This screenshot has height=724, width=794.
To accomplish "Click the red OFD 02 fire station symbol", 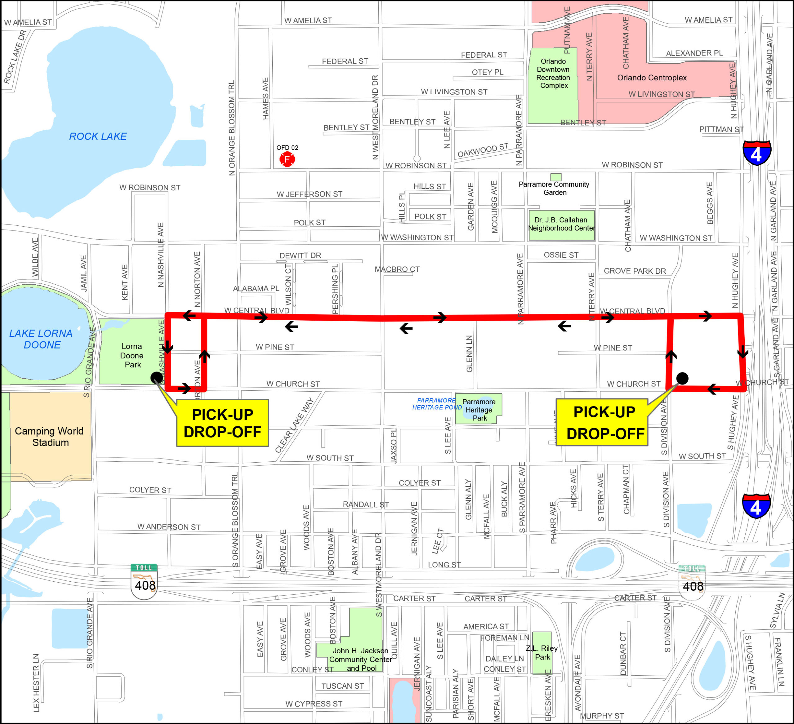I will coord(287,159).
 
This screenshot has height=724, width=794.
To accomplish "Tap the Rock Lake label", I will coord(98,136).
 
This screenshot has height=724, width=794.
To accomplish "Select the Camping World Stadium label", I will coord(49,437).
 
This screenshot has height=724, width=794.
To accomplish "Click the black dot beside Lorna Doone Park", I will coord(156,378).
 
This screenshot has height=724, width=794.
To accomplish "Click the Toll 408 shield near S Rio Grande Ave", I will coord(144,581).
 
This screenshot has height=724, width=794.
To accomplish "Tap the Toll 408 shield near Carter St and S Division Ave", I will coord(692,583).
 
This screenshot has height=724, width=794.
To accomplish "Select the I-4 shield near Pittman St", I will coord(756,152).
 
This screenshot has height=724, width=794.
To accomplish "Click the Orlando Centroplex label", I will coord(652,78).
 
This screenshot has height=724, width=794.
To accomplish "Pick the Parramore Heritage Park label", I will coord(479,410).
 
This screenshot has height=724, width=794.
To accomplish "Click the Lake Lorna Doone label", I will coord(41,339).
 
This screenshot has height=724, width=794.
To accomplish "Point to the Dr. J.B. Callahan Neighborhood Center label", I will coord(561,224).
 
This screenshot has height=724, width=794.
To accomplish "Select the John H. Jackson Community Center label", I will coord(360,660).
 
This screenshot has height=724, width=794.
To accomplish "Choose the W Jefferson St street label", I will coord(309,194).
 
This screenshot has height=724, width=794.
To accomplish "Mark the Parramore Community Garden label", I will coord(554,188).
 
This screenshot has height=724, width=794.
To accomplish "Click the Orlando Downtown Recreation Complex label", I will coord(553,73).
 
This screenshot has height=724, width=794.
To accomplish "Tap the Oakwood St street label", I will coord(483,150).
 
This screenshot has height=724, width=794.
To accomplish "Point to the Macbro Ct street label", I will coord(397,269).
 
